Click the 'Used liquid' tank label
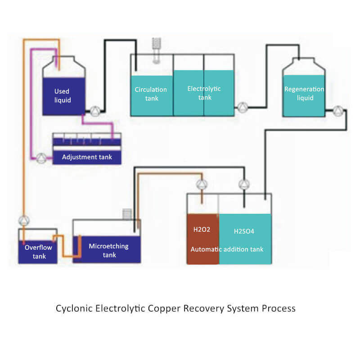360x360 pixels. click(x=63, y=95)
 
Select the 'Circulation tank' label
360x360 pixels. click(x=151, y=94)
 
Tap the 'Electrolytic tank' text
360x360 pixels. click(x=204, y=93)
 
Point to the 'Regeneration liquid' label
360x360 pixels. click(x=304, y=93)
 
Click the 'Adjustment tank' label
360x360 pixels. click(x=87, y=157)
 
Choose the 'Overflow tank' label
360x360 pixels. click(x=39, y=252)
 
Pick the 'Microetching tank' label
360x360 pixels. click(x=108, y=250)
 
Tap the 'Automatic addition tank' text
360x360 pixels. click(x=227, y=249)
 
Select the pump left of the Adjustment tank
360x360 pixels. click(x=41, y=157)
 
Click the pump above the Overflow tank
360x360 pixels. click(x=24, y=220)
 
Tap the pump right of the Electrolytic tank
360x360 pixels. click(x=243, y=107)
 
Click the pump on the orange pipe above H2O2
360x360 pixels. click(x=202, y=184)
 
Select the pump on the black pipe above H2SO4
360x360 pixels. click(x=244, y=184)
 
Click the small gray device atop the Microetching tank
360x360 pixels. click(x=127, y=213)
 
